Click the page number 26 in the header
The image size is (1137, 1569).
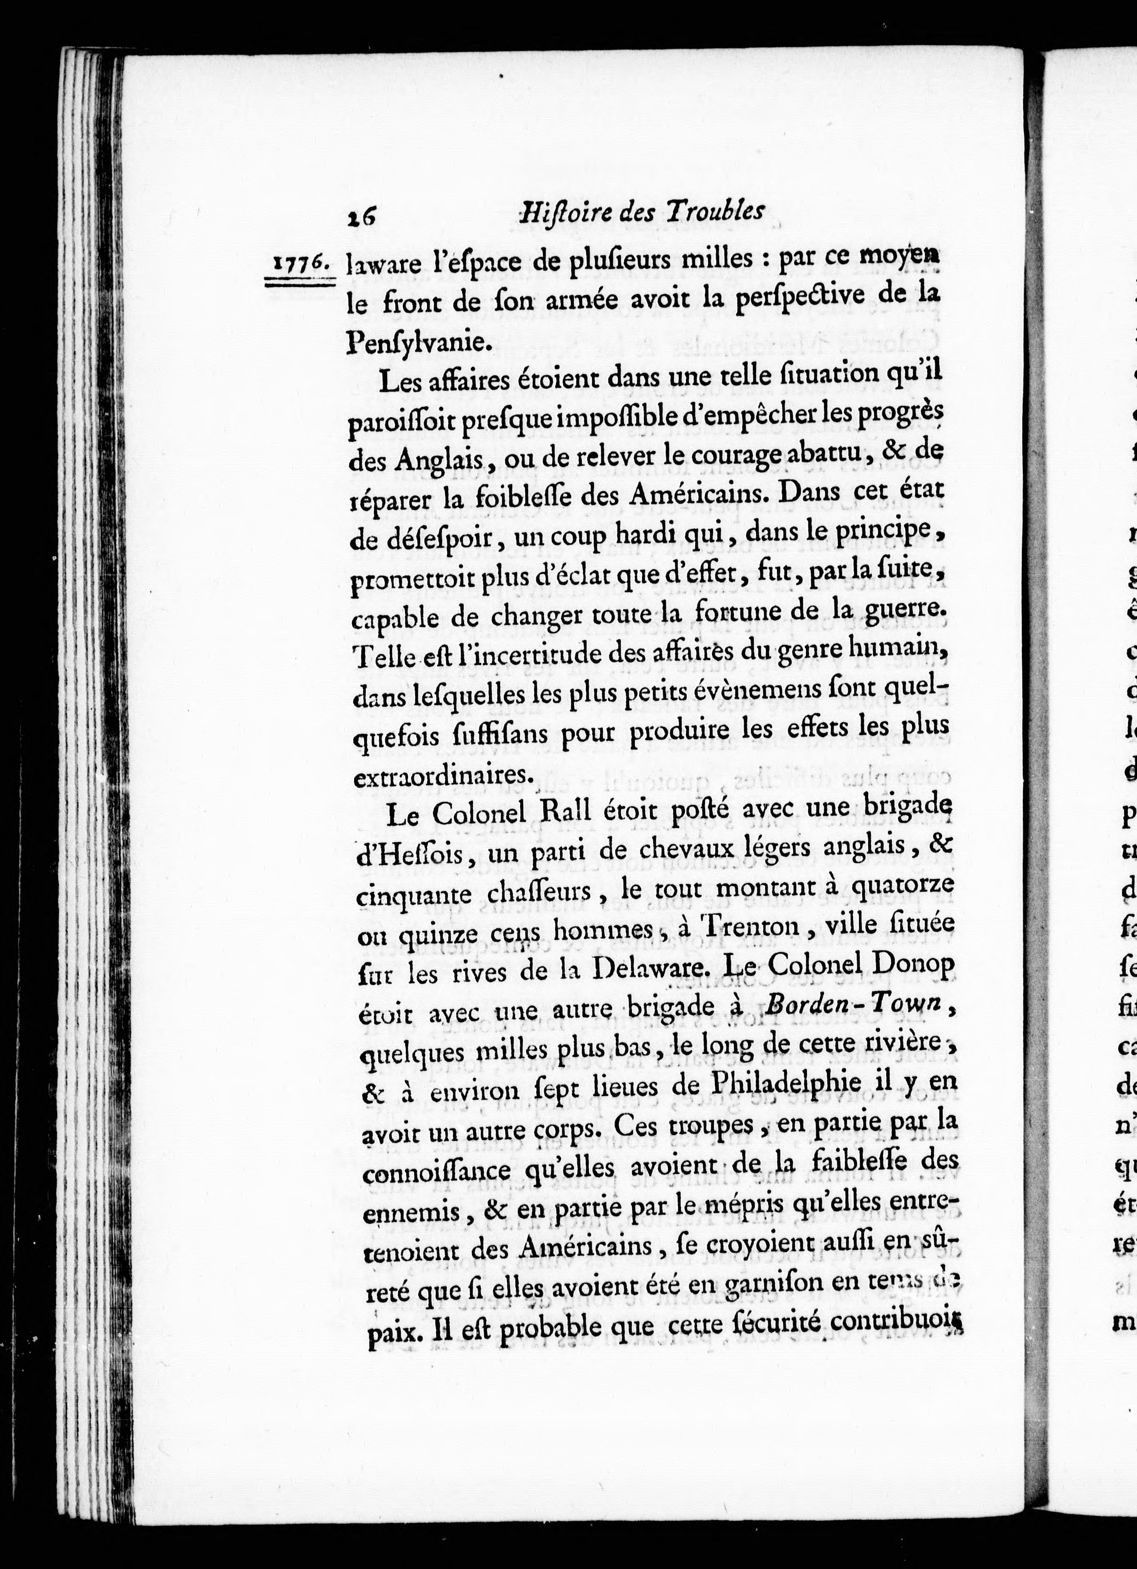[361, 215]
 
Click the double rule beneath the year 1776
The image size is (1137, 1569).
[300, 281]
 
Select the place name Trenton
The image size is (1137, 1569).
[745, 926]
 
